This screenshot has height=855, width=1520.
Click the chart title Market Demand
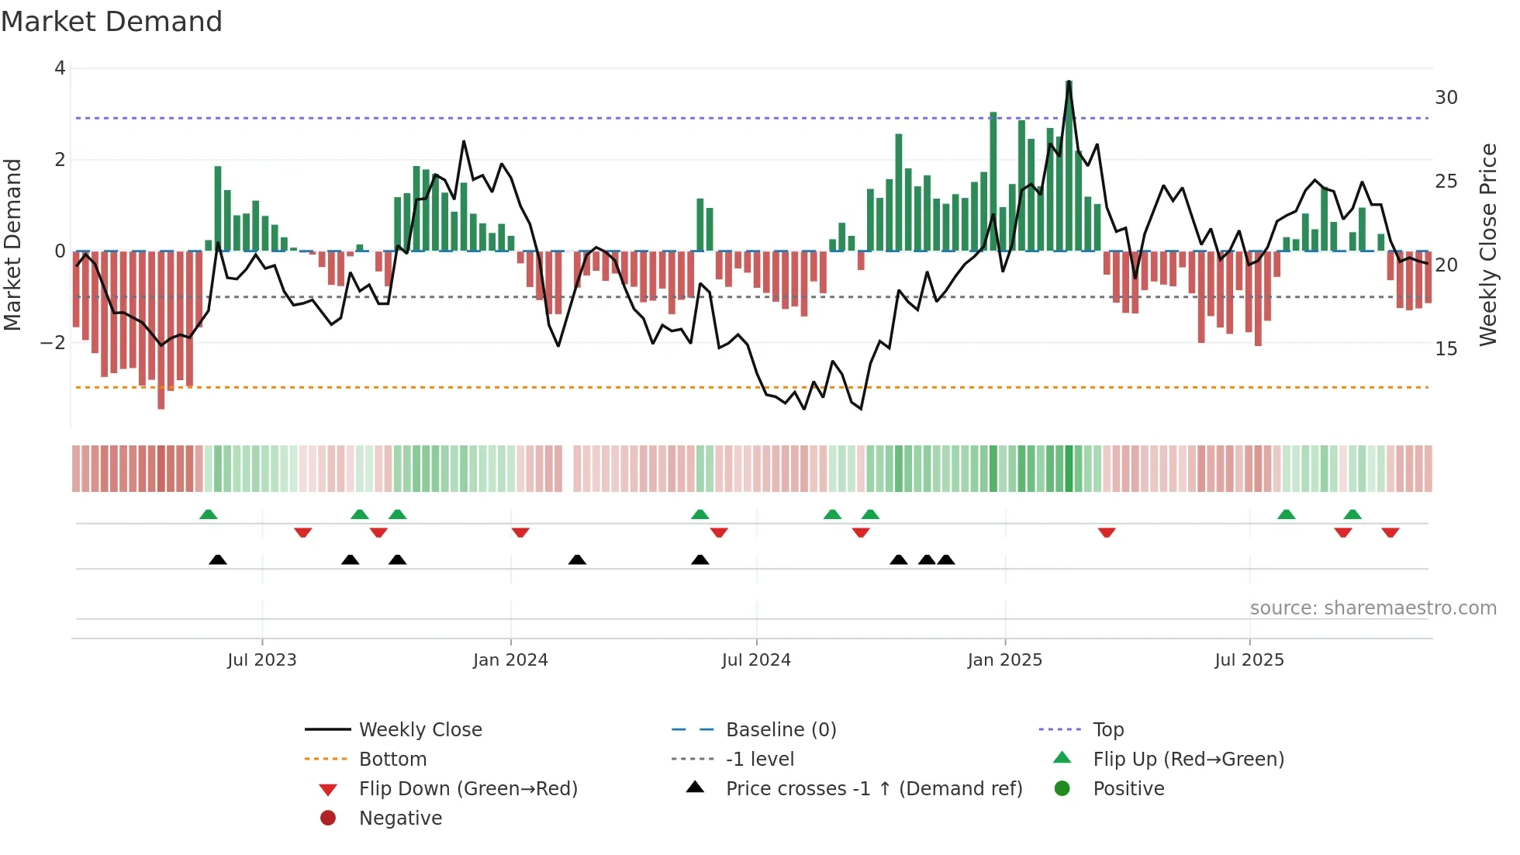coord(112,22)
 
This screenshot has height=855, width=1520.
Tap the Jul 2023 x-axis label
coord(261,660)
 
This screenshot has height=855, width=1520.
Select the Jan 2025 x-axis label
coord(1004,660)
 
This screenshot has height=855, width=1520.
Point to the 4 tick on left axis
coord(60,68)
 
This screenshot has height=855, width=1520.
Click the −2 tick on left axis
coord(54,342)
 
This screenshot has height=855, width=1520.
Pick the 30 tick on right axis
coord(1446,98)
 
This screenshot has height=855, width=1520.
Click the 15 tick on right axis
coord(1446,349)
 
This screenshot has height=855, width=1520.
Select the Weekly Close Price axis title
coord(1487,244)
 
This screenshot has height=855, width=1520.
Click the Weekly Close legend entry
coord(420,730)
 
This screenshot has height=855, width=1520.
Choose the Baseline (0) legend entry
coord(780,730)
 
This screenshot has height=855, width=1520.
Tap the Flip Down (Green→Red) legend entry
coord(468,789)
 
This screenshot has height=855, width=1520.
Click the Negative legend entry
coord(400,819)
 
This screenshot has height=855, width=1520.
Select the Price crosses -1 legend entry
coord(873,789)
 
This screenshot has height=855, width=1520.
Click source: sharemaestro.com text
coord(1373,608)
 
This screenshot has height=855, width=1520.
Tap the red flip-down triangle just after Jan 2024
coord(520,532)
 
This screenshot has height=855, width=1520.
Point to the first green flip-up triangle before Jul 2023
coord(208,514)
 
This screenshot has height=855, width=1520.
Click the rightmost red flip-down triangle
coord(1390,532)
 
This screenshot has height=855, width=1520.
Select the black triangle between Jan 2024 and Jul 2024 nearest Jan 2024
coord(577,559)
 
